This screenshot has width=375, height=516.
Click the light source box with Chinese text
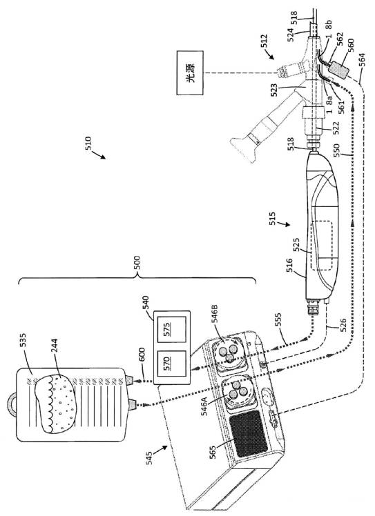click(x=190, y=72)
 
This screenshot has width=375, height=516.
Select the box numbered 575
click(x=171, y=330)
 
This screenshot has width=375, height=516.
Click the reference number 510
click(x=89, y=143)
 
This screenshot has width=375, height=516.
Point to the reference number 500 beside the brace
click(x=138, y=263)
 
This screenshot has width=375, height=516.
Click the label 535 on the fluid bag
click(x=23, y=341)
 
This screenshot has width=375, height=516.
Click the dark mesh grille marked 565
click(x=249, y=433)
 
